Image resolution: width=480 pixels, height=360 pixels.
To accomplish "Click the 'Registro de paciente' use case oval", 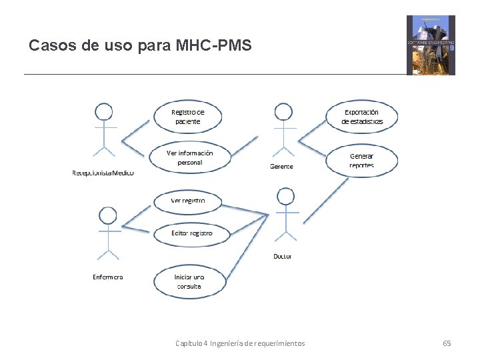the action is click(188, 117).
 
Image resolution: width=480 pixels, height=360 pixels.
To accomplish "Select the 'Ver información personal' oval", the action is click(189, 157).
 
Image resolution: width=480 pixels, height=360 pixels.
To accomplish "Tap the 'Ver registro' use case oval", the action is click(188, 201).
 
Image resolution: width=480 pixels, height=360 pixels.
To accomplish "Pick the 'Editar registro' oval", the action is click(191, 233).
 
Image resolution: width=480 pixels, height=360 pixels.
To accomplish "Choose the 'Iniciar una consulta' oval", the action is click(189, 281).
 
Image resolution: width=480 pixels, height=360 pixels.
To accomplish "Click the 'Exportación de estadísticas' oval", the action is click(362, 117).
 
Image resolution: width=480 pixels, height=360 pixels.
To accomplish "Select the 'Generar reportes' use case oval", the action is click(362, 160).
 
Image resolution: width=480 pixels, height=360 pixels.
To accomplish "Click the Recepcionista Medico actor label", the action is click(103, 173).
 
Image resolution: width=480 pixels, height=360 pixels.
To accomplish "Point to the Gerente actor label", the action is click(281, 167).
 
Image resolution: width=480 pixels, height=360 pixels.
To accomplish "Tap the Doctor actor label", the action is click(283, 256).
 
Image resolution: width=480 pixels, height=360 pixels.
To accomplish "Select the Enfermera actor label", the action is click(107, 277).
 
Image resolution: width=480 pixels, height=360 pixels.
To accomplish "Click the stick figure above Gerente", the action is click(283, 130).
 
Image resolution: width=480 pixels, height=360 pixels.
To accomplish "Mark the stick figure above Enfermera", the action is click(107, 233).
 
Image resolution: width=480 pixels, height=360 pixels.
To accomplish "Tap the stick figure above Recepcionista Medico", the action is click(103, 130).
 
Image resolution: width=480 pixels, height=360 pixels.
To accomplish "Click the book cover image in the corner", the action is click(431, 45).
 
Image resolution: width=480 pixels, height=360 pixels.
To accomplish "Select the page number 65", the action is click(447, 343).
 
